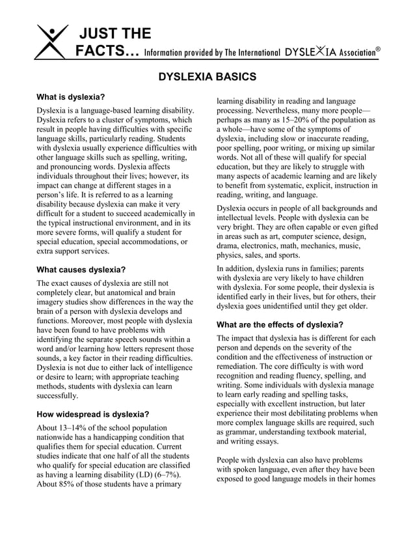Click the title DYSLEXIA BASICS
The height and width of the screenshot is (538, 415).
[207, 77]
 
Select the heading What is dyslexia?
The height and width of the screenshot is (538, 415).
[71, 97]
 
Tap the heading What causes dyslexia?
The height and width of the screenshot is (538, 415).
[80, 269]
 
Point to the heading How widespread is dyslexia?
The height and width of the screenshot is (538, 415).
[92, 413]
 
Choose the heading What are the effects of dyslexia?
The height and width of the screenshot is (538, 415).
[280, 324]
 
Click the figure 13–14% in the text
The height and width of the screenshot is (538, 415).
[77, 428]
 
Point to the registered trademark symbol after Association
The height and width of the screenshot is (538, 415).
[378, 48]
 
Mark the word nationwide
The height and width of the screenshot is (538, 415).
[57, 438]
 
